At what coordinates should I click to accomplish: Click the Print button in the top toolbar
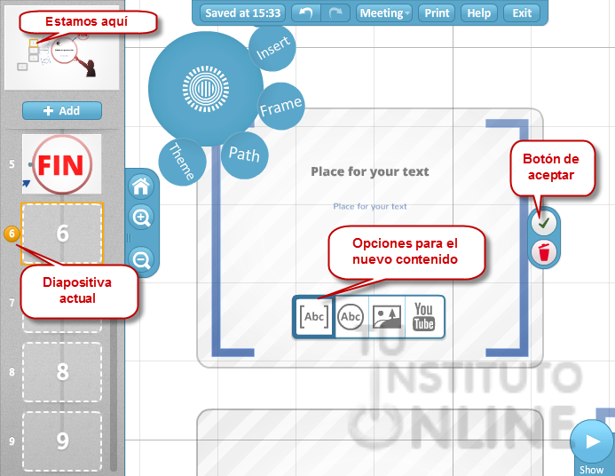437,12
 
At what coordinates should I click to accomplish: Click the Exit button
522,12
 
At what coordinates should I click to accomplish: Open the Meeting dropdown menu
384,12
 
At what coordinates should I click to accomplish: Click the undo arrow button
306,12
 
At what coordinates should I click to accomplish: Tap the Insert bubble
272,51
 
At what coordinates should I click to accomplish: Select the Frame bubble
280,107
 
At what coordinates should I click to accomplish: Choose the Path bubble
244,154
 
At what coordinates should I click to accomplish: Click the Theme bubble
182,163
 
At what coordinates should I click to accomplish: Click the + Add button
62,111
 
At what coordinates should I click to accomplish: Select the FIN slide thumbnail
61,164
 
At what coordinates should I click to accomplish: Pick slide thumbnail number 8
62,371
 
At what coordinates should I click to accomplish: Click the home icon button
142,186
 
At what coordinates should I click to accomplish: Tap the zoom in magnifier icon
142,218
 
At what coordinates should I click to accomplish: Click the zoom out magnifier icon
142,259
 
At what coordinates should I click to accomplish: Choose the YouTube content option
424,317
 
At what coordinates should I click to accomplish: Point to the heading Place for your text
369,171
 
